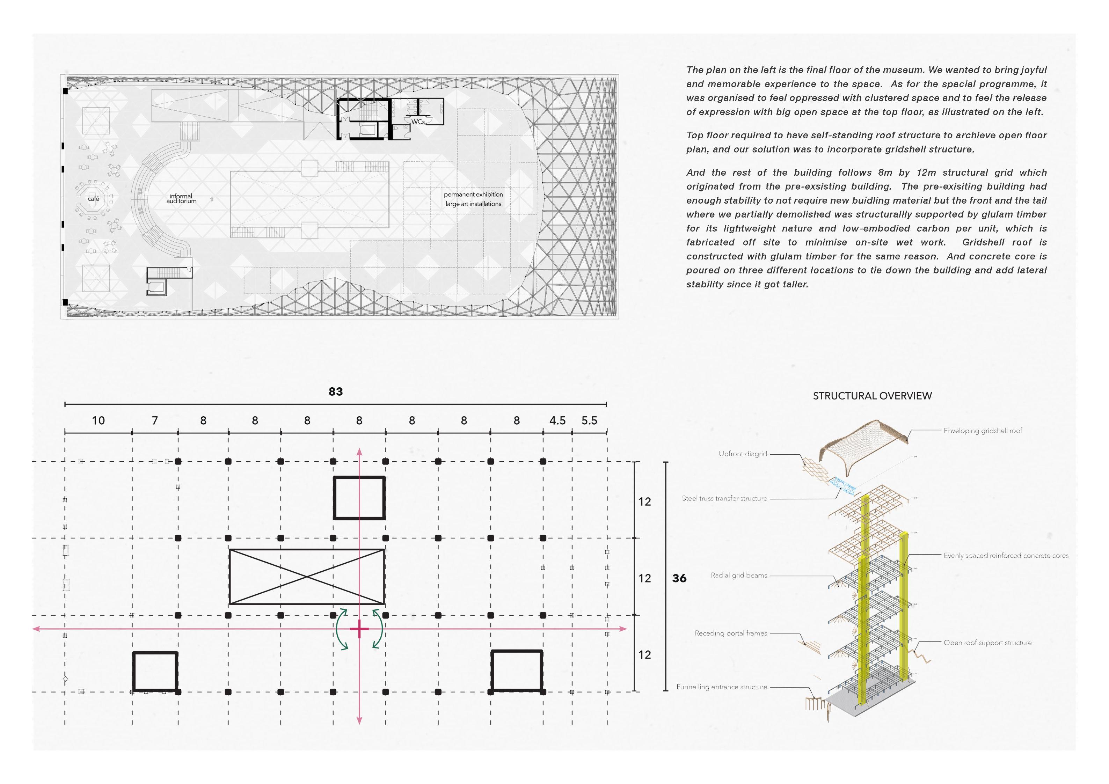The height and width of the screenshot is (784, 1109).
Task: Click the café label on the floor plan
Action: [x=94, y=199]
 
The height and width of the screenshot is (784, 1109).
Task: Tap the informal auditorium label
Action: [x=181, y=199]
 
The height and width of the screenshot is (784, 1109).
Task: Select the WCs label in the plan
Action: [x=418, y=122]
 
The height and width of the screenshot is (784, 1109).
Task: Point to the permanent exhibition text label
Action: [x=473, y=195]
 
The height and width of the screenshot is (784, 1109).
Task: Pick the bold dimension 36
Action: [x=679, y=578]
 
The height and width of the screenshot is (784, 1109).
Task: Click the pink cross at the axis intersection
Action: [x=359, y=629]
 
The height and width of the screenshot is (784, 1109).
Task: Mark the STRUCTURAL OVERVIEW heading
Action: [x=872, y=396]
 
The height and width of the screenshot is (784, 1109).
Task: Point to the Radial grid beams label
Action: [x=739, y=575]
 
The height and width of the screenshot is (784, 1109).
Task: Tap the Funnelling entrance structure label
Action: [x=722, y=687]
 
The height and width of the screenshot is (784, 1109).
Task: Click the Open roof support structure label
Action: [x=988, y=643]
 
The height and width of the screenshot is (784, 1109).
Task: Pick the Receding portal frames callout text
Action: [x=731, y=633]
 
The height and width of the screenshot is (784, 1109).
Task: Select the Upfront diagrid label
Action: [x=743, y=454]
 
